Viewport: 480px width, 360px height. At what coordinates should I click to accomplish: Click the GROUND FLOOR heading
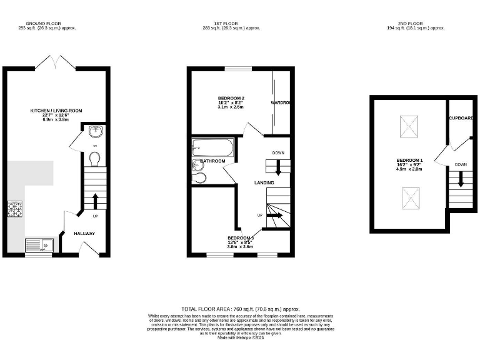pos(56,24)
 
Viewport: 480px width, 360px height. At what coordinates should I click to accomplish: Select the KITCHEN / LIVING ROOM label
pos(56,111)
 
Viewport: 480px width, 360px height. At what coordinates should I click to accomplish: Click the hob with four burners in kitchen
pos(15,209)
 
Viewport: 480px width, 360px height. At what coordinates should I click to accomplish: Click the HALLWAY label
pos(84,233)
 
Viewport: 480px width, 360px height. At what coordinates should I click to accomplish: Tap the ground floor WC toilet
pos(94,161)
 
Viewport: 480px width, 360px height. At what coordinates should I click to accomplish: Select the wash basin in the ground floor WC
pos(96,132)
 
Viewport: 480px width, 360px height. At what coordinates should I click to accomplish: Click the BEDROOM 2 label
pos(231,98)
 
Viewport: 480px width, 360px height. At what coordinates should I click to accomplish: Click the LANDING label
pos(264,182)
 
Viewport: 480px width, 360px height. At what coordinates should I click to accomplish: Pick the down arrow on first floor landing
pos(279,167)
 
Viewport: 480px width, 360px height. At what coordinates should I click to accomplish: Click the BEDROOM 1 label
pos(409,161)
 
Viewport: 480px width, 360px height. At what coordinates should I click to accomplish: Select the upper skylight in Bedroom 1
pos(409,127)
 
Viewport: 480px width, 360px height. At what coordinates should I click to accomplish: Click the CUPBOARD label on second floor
pos(461,117)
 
